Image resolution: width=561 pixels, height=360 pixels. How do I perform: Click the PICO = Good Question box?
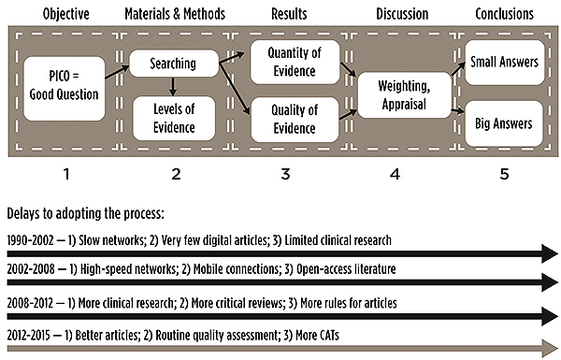click(x=65, y=89)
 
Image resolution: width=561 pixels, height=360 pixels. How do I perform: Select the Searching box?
click(x=174, y=64)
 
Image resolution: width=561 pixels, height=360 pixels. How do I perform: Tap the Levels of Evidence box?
click(x=174, y=118)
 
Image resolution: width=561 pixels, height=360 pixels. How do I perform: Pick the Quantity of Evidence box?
click(x=295, y=63)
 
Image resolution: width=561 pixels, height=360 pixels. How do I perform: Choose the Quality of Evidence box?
click(x=295, y=120)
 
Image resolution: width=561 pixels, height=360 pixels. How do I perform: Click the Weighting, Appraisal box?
click(x=405, y=95)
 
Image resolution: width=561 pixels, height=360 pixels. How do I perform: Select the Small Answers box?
click(x=505, y=63)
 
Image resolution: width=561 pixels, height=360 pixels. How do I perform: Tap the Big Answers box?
click(x=504, y=123)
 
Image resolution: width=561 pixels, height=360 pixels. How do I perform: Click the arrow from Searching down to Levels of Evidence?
click(x=173, y=87)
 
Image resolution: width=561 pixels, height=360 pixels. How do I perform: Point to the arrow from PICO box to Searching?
click(x=117, y=72)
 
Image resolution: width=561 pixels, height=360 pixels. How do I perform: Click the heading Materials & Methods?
click(x=175, y=14)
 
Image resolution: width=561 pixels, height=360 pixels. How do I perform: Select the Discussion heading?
click(x=402, y=14)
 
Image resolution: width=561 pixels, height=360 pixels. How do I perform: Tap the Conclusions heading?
click(x=505, y=14)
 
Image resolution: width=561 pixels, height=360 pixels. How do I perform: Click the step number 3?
click(x=285, y=174)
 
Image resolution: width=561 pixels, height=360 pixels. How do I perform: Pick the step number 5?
click(x=504, y=174)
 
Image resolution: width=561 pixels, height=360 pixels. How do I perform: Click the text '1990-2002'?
click(x=31, y=240)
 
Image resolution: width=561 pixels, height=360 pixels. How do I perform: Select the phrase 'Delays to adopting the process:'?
click(x=85, y=213)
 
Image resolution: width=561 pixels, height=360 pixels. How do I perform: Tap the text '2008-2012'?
click(x=30, y=303)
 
